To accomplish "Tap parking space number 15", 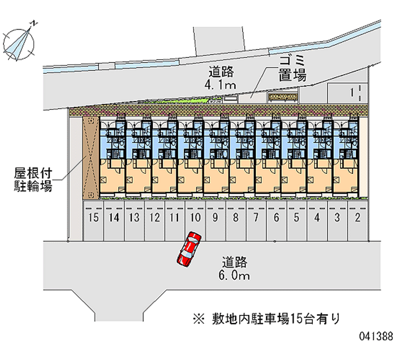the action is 93,217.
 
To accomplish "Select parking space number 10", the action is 195,217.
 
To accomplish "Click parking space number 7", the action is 256,217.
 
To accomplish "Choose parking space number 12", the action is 154,217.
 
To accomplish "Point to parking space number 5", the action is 297,217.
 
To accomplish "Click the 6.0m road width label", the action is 235,275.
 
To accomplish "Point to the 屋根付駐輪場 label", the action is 33,180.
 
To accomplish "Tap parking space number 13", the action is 134,217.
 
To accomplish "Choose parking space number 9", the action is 215,217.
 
